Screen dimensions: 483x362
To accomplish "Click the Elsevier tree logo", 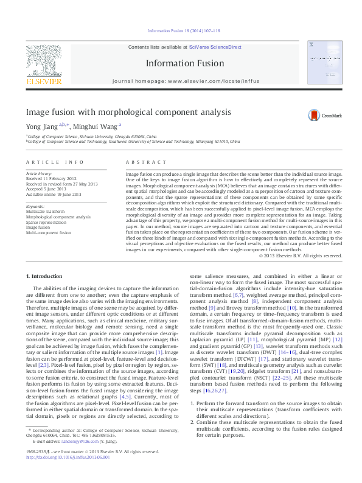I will tap(43, 61).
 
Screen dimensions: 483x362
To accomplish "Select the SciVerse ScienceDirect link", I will tap(215, 47).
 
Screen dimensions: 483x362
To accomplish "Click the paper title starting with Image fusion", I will tap(128, 113).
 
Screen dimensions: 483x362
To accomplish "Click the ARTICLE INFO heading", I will tap(54, 162).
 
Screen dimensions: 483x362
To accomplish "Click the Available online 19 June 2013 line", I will tap(53, 193).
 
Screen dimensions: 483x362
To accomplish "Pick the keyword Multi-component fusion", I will tap(49, 232).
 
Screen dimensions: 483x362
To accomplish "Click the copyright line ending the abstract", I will tap(301, 255).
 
